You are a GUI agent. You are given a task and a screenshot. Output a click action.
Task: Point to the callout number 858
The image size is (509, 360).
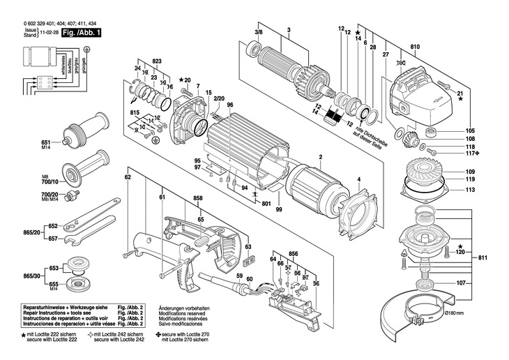click(198, 198)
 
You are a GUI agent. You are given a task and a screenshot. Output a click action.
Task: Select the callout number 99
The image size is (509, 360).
click(278, 209)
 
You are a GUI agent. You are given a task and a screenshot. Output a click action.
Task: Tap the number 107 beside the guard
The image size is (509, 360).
click(461, 283)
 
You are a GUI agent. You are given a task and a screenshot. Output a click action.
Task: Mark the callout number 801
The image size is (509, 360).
click(266, 204)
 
